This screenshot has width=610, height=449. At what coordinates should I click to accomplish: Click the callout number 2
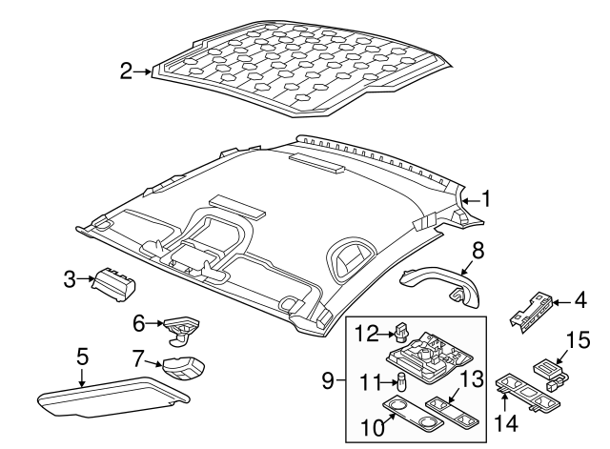tap(126, 70)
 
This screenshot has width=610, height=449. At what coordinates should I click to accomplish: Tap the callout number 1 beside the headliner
tap(485, 199)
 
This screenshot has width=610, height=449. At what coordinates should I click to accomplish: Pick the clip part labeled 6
tap(180, 326)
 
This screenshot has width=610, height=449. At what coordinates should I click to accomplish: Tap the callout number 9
tap(329, 382)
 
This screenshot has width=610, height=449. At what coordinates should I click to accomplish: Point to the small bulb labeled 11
tap(401, 383)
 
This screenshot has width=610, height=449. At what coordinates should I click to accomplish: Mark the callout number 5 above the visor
tap(83, 357)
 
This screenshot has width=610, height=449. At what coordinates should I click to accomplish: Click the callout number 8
tap(478, 251)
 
